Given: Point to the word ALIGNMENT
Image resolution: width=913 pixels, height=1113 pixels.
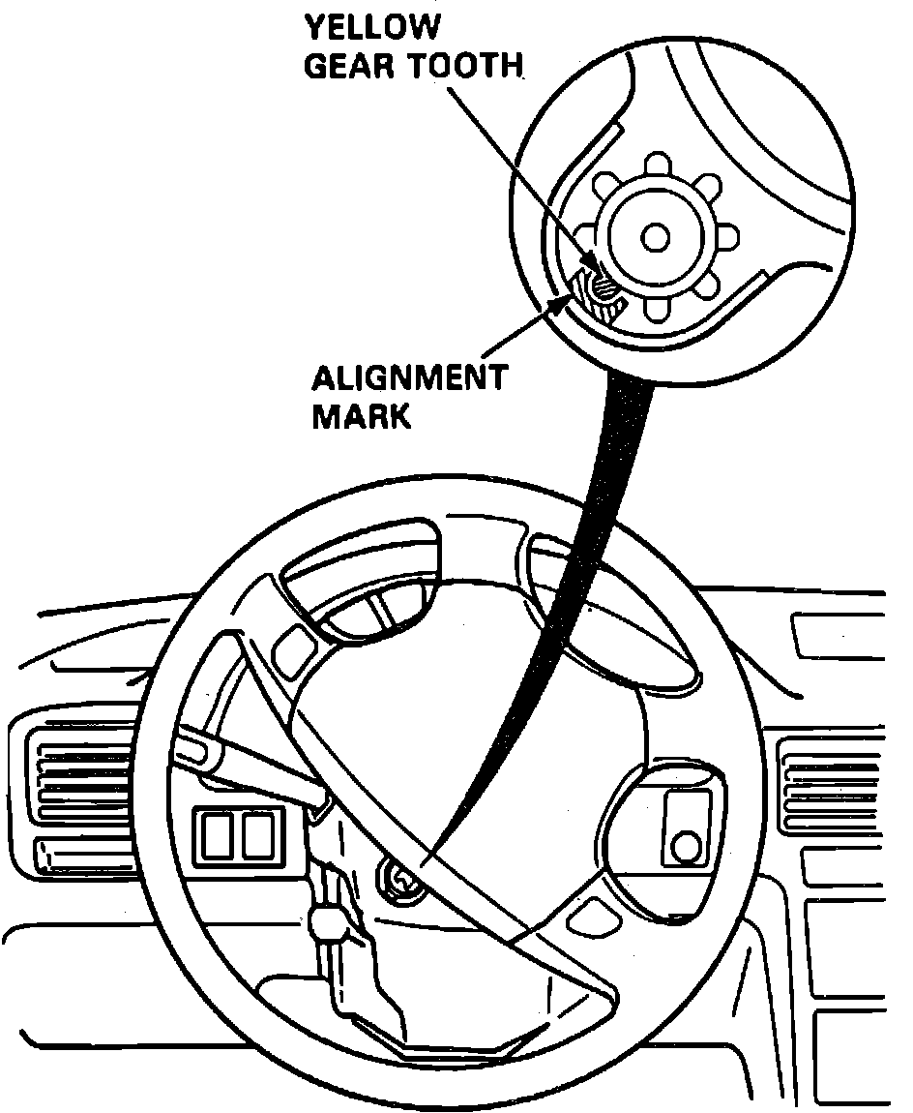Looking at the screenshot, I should (x=409, y=377).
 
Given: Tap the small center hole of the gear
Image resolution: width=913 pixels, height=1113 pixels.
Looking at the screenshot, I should (x=656, y=235).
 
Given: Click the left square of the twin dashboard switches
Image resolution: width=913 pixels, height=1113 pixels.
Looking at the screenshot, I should (x=218, y=835).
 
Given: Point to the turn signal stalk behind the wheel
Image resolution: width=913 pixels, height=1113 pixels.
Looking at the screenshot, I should (x=242, y=756).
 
